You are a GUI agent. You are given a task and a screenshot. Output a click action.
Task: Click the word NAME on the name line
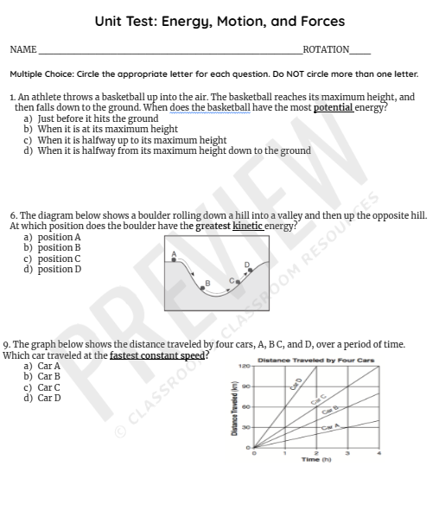pyautogui.click(x=23, y=50)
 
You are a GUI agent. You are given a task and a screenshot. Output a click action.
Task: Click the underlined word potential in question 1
pyautogui.click(x=333, y=107)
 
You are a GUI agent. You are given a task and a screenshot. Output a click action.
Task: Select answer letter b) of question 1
pyautogui.click(x=28, y=129)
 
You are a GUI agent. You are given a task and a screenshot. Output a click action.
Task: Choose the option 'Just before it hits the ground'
pyautogui.click(x=98, y=118)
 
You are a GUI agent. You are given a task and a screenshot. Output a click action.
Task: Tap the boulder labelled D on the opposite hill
pyautogui.click(x=251, y=271)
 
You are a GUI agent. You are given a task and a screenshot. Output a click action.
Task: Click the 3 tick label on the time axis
pyautogui.click(x=347, y=452)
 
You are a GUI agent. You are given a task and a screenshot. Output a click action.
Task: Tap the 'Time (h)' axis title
pyautogui.click(x=314, y=459)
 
